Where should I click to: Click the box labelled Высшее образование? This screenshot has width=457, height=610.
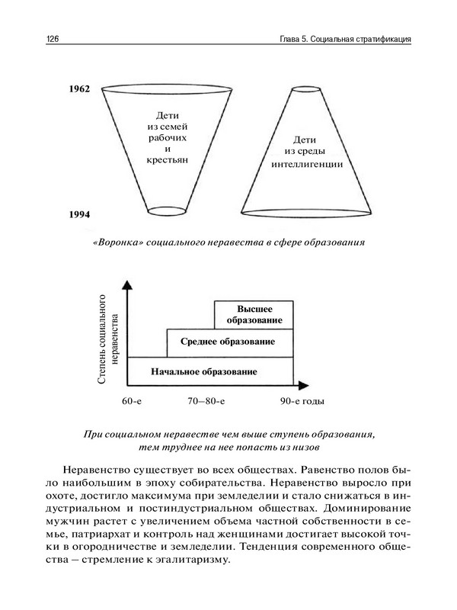(254, 313)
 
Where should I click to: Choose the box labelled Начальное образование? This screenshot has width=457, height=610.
(203, 371)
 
